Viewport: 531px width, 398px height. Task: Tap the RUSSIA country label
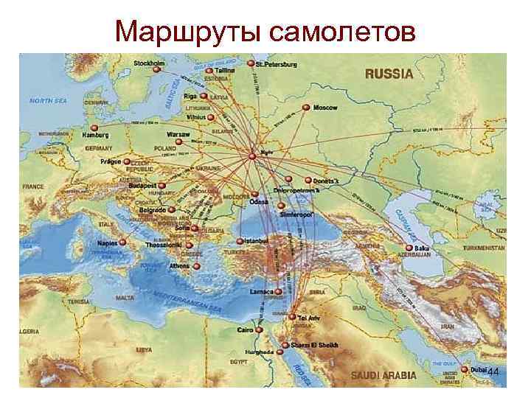tap(389, 73)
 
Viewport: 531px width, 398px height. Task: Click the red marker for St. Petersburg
tap(251, 64)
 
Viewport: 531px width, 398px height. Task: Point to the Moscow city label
tap(324, 108)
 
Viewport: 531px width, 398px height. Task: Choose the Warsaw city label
tap(178, 135)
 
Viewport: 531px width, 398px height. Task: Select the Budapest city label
tap(141, 186)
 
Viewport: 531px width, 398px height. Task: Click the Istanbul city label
tap(260, 241)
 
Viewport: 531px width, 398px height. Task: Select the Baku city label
tap(422, 249)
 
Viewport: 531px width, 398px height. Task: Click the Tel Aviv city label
tap(311, 317)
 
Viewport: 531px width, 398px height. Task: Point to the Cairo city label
tap(246, 329)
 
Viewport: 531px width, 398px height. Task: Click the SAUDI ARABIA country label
tap(382, 375)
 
